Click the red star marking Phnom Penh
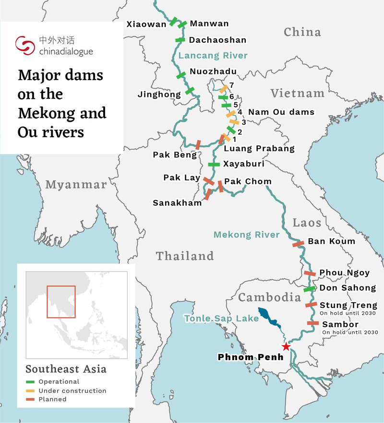point(286,346)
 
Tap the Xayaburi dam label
point(244,164)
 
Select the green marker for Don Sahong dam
point(310,289)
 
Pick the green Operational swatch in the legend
point(30,382)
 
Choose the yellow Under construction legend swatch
point(30,391)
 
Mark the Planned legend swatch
point(30,399)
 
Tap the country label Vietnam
point(297,93)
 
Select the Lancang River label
point(213,56)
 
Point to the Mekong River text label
point(246,235)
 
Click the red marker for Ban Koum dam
point(298,244)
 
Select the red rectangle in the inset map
point(61,302)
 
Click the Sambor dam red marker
point(313,323)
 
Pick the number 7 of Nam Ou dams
point(231,85)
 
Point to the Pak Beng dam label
point(175,155)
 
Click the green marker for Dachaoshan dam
point(180,40)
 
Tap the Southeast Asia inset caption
point(66,369)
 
